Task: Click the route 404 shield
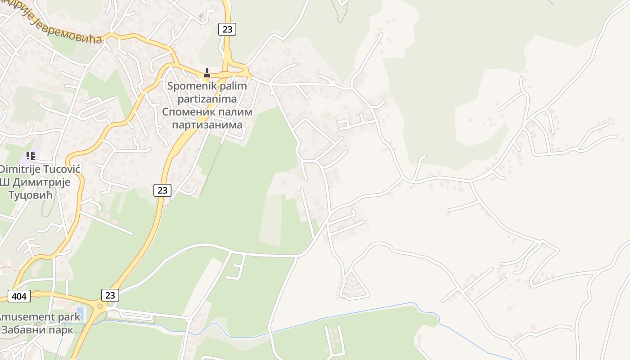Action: pos(19,296)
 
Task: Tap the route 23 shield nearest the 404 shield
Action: pos(110,295)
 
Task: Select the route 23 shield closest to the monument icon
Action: pos(227,29)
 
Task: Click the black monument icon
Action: pos(207,72)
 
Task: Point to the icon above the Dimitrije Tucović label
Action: pos(31,156)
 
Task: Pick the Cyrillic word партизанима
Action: pos(207,125)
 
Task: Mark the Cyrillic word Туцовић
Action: pos(31,195)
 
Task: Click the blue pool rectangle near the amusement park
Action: pos(81,312)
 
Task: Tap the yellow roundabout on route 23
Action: pos(100,306)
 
